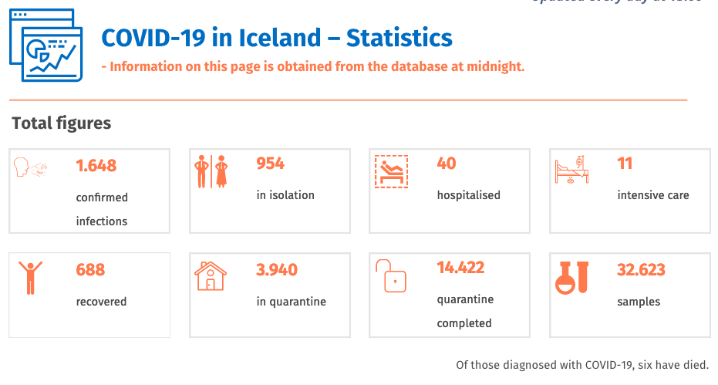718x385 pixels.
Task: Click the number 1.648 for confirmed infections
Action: click(96, 165)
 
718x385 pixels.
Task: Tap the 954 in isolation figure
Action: click(270, 164)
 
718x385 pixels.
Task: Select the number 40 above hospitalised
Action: click(447, 164)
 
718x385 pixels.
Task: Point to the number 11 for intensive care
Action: click(625, 164)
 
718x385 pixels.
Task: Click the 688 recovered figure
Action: click(90, 270)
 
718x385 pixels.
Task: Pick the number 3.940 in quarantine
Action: click(277, 270)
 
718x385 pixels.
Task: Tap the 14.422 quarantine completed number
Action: click(460, 268)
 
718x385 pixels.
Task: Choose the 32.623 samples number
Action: click(641, 270)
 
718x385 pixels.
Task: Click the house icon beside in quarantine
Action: click(211, 276)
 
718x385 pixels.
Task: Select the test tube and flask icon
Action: click(571, 276)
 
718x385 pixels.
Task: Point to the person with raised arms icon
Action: click(30, 277)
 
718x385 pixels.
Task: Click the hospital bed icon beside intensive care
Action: click(571, 171)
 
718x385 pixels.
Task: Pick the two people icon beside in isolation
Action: click(211, 171)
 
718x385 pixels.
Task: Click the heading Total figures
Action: click(62, 123)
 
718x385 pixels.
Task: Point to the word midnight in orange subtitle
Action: click(494, 66)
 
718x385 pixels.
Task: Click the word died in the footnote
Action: click(696, 365)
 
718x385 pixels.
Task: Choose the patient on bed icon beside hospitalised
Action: click(391, 171)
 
